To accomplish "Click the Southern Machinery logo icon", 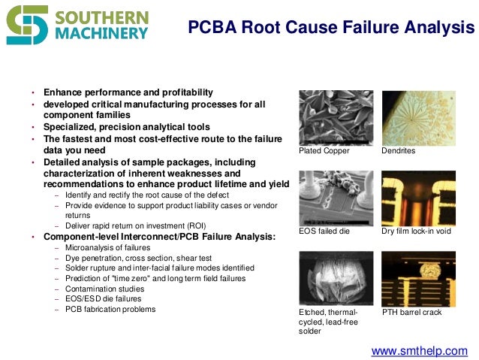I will [27, 24].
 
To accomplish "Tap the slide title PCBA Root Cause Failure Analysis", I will [331, 29].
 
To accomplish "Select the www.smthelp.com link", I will [419, 351].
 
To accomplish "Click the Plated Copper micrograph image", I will [336, 117].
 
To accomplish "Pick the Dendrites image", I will [418, 117].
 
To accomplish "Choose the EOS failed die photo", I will [336, 197].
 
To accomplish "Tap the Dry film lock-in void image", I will [418, 197].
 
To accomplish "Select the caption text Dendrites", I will [398, 151].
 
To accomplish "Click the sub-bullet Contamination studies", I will [103, 288].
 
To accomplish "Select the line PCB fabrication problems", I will [110, 309].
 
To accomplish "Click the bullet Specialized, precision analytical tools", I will [126, 127].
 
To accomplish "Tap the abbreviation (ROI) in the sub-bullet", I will [194, 225].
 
